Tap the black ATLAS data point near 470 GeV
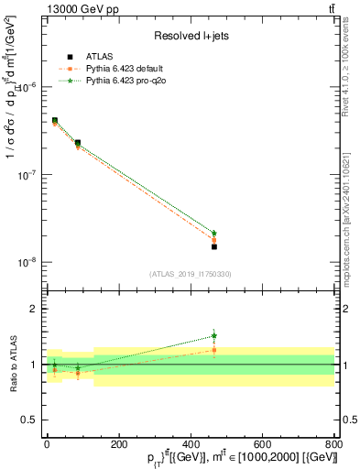(x=213, y=246)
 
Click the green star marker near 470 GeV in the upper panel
(x=213, y=233)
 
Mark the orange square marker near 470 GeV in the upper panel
(x=213, y=240)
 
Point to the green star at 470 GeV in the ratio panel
(x=213, y=335)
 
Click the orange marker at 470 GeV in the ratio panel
(x=213, y=350)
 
